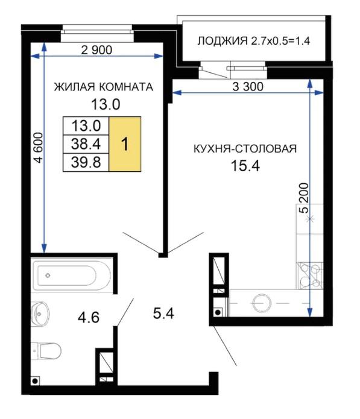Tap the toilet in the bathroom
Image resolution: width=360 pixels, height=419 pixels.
point(46,351)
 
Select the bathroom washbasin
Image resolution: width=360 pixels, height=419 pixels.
point(40,313)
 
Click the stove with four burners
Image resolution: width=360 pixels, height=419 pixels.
point(309,276)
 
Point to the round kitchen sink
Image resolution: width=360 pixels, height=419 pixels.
point(262,303)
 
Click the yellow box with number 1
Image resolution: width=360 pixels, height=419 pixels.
point(125,144)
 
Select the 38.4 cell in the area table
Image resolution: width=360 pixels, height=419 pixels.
point(86,144)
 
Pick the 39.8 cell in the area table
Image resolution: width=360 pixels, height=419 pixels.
point(86,162)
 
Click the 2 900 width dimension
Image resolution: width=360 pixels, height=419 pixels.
point(96,50)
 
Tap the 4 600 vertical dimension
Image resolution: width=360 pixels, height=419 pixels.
point(38,148)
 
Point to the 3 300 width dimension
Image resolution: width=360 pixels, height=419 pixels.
point(248,87)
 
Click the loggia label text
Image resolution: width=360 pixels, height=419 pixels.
point(254,41)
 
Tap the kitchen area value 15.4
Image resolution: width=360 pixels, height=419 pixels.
point(245,166)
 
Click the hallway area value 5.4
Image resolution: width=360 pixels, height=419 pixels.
point(163,313)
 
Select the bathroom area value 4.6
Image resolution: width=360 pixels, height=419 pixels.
point(89,318)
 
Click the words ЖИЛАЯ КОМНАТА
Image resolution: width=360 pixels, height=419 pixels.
point(104,87)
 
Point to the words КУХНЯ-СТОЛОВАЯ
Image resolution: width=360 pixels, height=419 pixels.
point(245,148)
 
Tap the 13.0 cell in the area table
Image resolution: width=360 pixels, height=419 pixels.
point(86,126)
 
